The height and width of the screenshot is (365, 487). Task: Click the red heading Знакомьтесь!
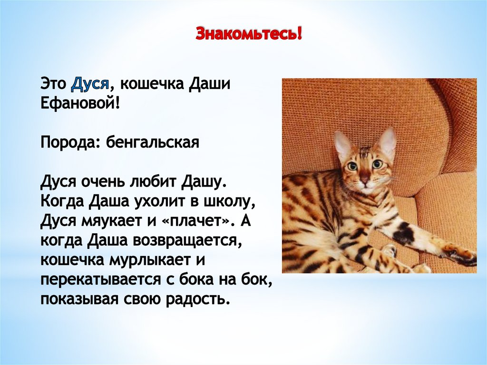click(249, 35)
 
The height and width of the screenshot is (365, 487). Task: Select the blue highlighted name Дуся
click(91, 85)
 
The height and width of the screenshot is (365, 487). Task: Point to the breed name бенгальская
click(152, 142)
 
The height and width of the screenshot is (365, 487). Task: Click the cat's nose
click(364, 181)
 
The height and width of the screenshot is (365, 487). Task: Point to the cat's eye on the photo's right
click(377, 164)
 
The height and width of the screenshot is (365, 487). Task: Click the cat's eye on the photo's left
click(352, 166)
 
